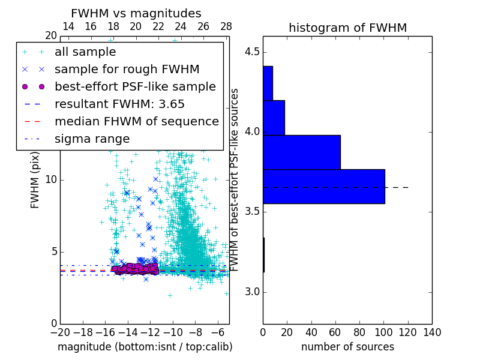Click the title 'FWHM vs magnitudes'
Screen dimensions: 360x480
136,14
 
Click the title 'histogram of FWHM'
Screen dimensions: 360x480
347,28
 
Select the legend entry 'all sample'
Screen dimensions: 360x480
85,52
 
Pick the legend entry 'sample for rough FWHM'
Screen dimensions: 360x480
127,69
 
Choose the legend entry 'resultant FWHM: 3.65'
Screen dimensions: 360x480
119,104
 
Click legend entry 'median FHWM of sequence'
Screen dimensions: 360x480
136,121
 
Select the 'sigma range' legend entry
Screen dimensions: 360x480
92,139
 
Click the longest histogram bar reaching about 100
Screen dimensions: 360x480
323,187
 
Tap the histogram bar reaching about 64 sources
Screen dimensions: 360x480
301,152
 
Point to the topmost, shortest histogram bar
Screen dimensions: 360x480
268,83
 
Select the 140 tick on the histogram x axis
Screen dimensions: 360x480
432,332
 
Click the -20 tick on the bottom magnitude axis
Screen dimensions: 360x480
60,332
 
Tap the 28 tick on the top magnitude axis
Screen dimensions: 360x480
226,26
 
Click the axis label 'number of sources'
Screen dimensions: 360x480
347,347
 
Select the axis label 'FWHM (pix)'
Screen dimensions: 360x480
35,180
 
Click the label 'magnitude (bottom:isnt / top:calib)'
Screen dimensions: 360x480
145,347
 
